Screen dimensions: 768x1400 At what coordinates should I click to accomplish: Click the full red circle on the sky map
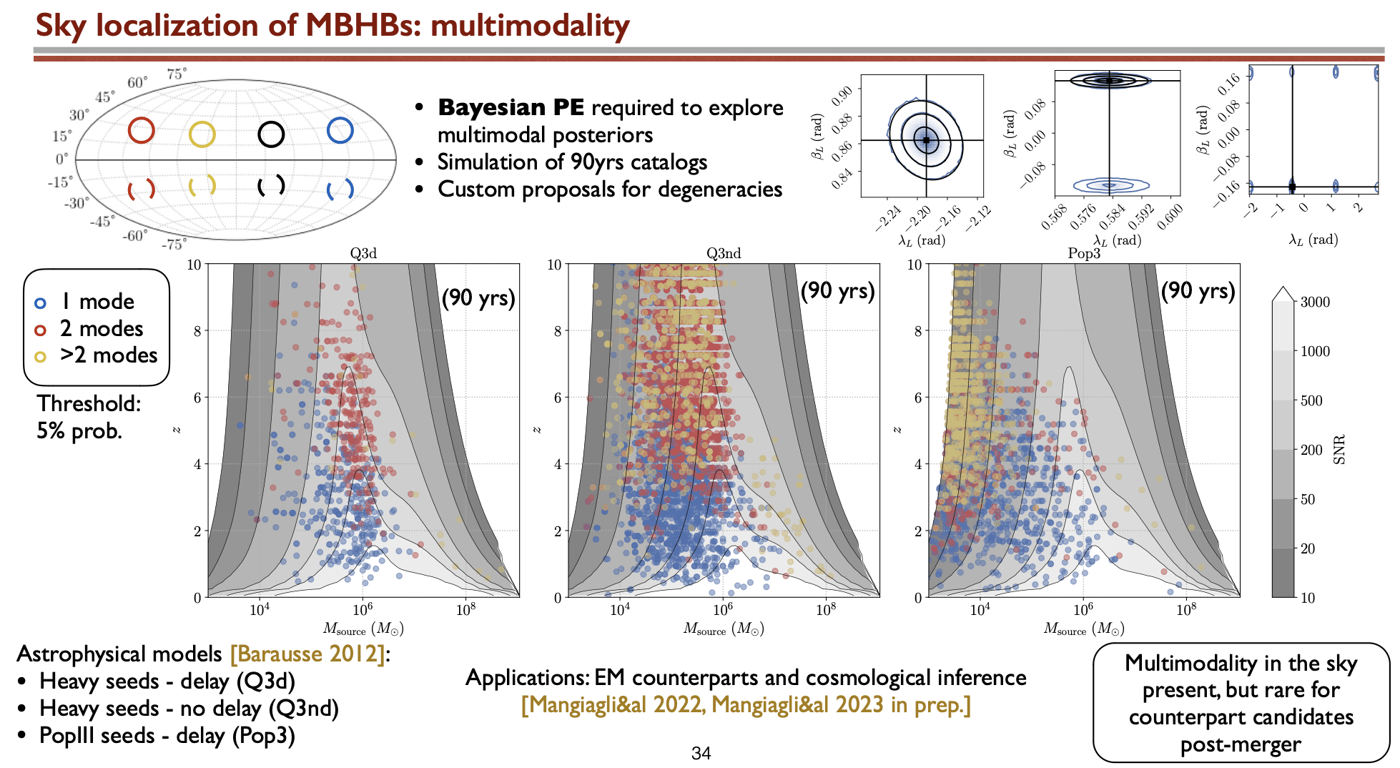142,131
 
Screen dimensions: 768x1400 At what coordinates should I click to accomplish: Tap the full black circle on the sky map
271,134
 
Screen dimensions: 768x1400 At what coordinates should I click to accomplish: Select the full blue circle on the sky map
340,131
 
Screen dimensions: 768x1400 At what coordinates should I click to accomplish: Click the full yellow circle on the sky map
202,134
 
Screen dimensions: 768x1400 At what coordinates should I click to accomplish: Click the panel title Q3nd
724,253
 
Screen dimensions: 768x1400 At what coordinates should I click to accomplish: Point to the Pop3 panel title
1084,253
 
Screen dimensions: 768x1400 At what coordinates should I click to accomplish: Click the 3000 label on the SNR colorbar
1315,302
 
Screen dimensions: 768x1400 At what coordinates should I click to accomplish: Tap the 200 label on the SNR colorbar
1311,450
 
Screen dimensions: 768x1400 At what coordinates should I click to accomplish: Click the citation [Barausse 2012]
308,654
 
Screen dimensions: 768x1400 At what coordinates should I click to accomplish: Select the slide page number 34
701,753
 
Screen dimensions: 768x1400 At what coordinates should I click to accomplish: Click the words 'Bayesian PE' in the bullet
511,107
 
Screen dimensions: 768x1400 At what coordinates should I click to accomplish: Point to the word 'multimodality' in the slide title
530,26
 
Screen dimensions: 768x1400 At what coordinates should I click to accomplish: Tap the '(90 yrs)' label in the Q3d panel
478,297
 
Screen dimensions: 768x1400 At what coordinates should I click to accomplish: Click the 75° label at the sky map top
177,74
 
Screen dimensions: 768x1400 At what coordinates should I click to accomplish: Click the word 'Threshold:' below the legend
89,404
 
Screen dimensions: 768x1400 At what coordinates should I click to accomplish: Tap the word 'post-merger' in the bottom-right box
1241,744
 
